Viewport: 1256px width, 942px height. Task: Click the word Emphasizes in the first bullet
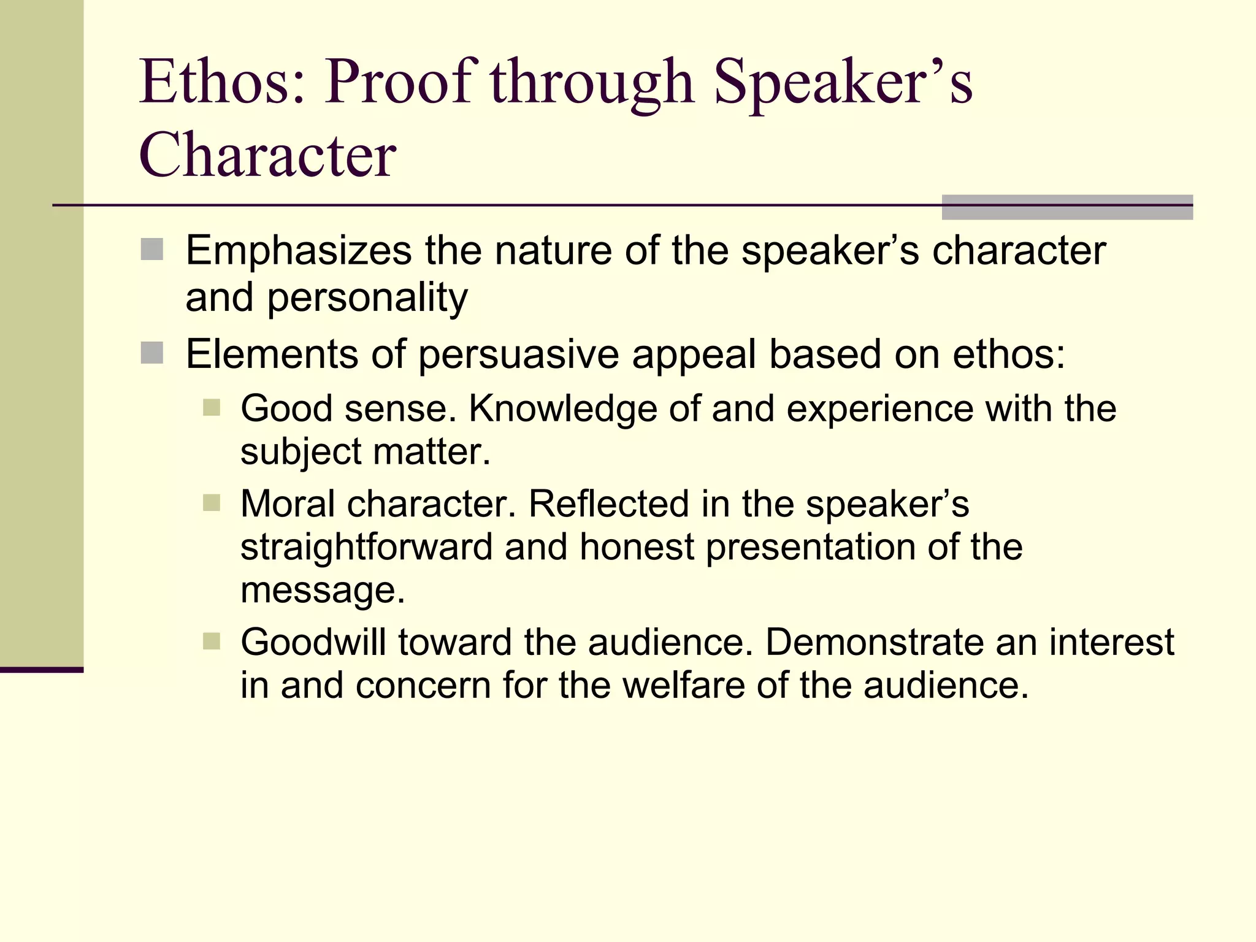299,251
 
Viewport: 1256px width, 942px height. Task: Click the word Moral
288,504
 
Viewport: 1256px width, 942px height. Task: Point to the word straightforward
366,547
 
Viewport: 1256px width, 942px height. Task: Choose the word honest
637,546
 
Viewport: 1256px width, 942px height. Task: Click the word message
323,591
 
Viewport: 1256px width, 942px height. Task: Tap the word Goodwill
313,642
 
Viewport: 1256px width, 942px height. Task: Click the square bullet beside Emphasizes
151,250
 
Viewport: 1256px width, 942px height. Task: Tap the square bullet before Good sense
212,408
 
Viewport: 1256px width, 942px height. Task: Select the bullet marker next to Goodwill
212,641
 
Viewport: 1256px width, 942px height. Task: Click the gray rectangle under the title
1066,207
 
